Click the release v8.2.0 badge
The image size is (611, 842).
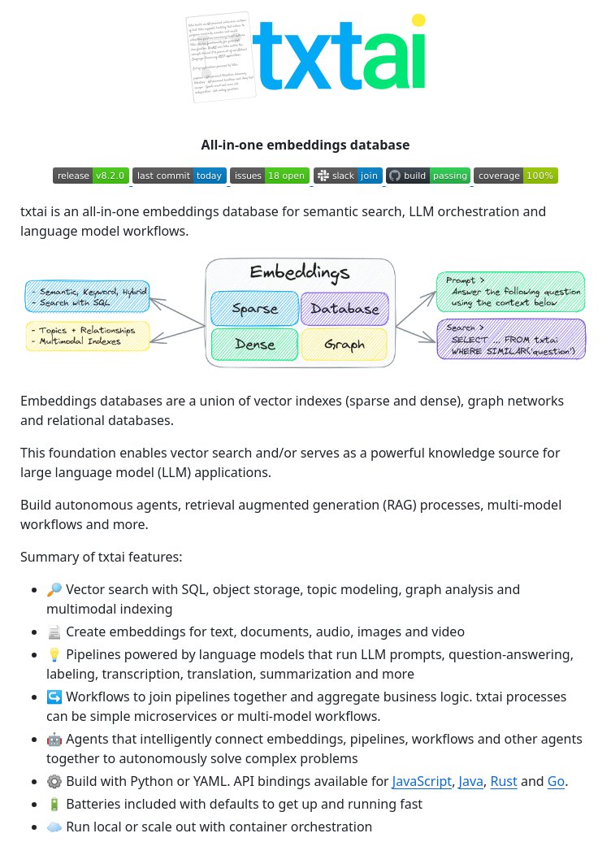pos(91,176)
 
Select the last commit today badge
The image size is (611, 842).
pos(180,176)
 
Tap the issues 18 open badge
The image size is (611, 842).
pos(269,176)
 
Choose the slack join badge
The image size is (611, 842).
pos(348,176)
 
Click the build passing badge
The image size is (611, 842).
pos(428,176)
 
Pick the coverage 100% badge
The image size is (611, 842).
pos(516,176)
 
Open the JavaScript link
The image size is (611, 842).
pos(422,782)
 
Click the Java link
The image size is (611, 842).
pos(471,782)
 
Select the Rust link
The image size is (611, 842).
pos(504,782)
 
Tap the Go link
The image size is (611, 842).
pos(556,782)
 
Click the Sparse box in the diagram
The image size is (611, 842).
pos(254,309)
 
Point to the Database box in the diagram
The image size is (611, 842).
pos(344,309)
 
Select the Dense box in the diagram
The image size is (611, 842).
pos(254,345)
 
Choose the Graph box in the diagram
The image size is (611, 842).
pos(344,345)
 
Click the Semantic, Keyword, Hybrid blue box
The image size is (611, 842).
pos(88,297)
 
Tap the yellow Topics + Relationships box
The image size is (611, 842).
pos(88,336)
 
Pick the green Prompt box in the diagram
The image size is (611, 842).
pos(510,292)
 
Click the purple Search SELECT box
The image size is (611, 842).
pos(510,339)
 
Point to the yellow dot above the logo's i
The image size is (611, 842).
pos(418,20)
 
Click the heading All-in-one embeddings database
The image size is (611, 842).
pos(305,145)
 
